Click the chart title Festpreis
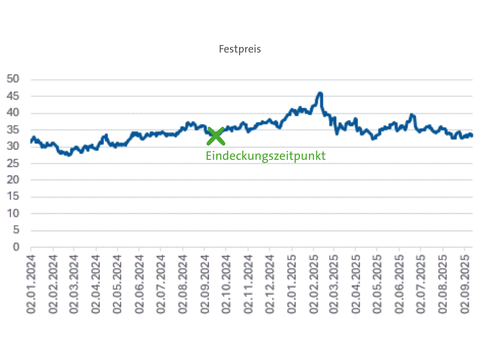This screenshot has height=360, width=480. coord(240,49)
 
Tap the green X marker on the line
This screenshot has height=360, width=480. coord(216,136)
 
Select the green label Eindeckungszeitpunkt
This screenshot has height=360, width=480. coord(265,156)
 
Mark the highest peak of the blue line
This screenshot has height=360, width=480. coord(320,93)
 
